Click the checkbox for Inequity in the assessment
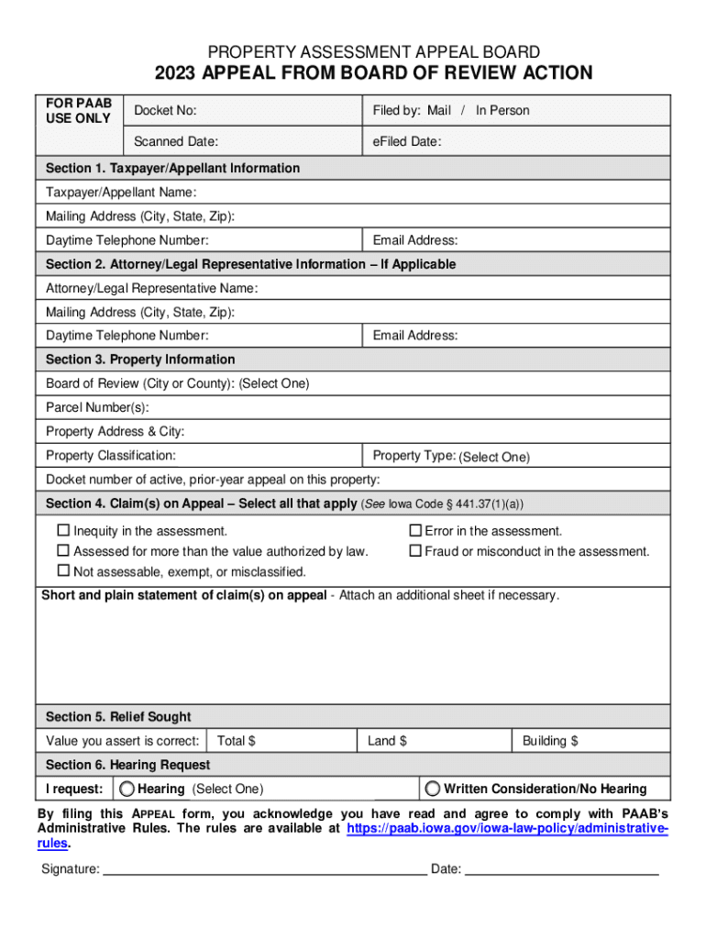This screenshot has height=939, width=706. pos(63,531)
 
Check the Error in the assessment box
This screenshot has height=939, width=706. pos(414,531)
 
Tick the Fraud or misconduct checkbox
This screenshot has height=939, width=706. pos(414,551)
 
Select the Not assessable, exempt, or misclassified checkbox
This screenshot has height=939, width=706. pos(63,571)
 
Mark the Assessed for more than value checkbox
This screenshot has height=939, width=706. pos(63,551)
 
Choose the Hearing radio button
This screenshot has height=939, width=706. pos(127,789)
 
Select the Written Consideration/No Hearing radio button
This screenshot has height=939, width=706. pos(433,789)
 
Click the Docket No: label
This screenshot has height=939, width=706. pos(165,111)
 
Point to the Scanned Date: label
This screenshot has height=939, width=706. pos(176,142)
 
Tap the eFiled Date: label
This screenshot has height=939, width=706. pos(407,142)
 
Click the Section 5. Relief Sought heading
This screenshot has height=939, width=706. pos(118,717)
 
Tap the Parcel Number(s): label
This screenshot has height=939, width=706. pos(97,407)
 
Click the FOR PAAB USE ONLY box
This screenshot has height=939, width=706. pos(78,111)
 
